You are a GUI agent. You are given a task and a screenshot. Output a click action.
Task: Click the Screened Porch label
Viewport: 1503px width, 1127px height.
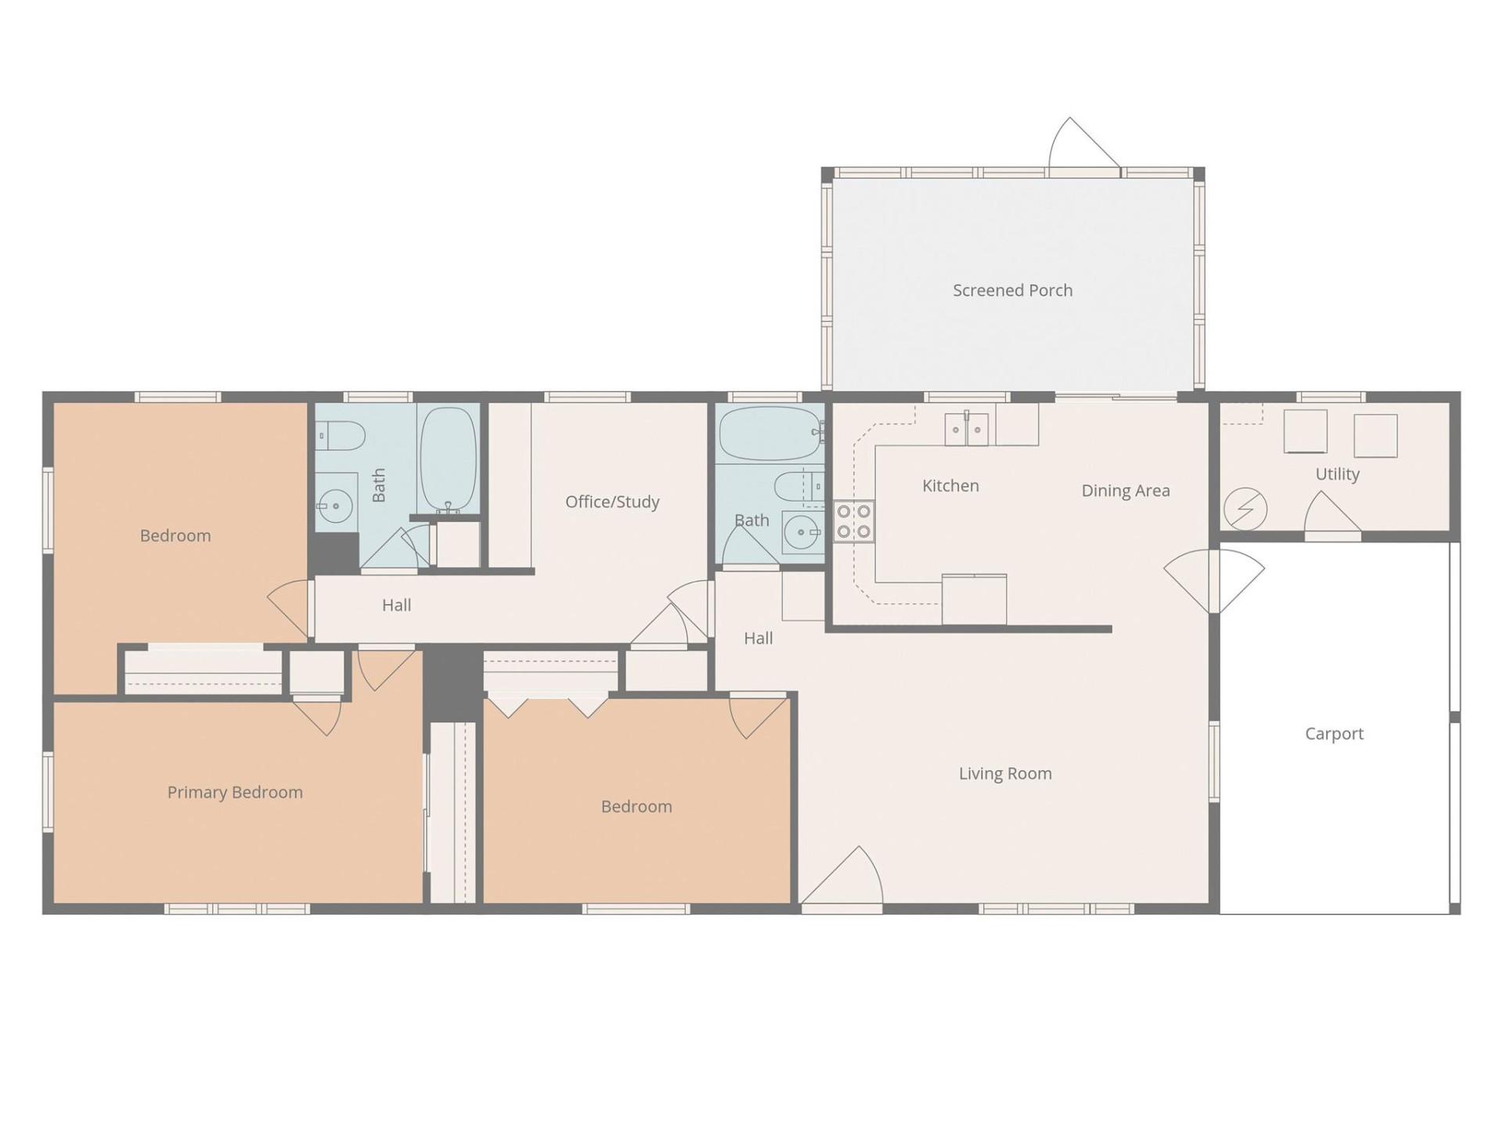[1012, 290]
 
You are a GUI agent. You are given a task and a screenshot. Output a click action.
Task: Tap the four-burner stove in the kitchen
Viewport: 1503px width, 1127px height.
[853, 522]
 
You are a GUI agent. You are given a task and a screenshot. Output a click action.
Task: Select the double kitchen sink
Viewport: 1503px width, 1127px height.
[967, 429]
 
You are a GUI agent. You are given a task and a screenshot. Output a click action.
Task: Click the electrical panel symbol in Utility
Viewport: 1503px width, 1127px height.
[1245, 509]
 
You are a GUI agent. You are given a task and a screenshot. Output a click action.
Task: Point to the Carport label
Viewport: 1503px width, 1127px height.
[1334, 733]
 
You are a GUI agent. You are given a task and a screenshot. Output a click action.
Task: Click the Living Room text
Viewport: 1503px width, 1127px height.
[1005, 773]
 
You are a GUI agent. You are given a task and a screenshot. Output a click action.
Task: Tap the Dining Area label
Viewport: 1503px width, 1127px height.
[1125, 491]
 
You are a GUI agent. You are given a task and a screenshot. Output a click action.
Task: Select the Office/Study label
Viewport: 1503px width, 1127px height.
[612, 502]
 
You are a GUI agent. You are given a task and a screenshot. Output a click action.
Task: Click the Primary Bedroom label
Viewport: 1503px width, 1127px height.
[235, 792]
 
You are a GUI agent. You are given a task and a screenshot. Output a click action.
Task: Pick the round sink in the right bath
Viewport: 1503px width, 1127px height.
[800, 533]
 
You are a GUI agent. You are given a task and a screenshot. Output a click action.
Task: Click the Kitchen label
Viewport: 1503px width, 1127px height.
[950, 486]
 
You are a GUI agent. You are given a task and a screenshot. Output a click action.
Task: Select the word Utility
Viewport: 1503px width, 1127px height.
[1337, 474]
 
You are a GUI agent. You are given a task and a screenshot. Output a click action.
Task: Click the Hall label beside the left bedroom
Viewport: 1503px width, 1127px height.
[396, 605]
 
